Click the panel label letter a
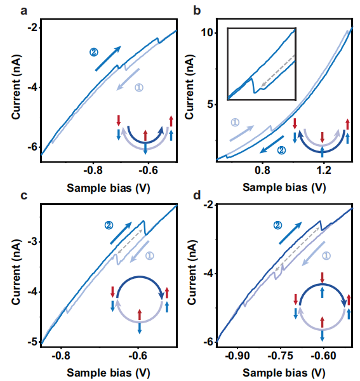(23, 11)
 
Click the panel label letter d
(197, 196)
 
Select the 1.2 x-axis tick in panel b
(324, 170)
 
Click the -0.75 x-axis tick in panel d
(281, 356)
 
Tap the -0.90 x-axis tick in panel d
(237, 356)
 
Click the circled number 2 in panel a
(94, 52)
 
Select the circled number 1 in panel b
(235, 122)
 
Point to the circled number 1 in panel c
(150, 256)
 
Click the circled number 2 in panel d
(277, 225)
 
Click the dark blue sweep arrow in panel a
(108, 58)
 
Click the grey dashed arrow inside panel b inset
(278, 70)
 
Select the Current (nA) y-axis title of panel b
(190, 87)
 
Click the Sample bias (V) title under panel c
(109, 373)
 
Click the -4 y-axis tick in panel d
(210, 274)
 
